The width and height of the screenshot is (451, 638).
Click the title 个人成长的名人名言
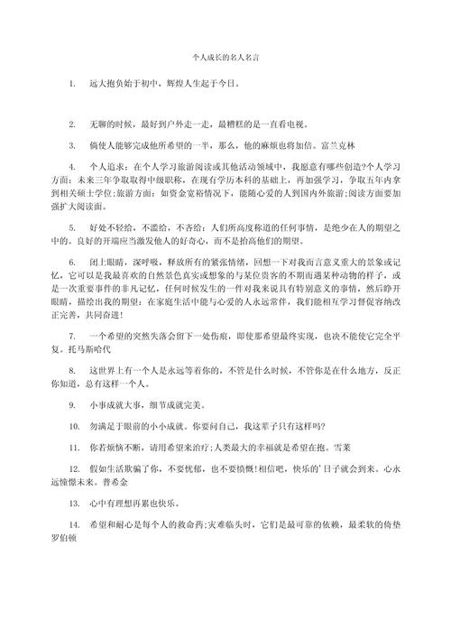click(x=225, y=56)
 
